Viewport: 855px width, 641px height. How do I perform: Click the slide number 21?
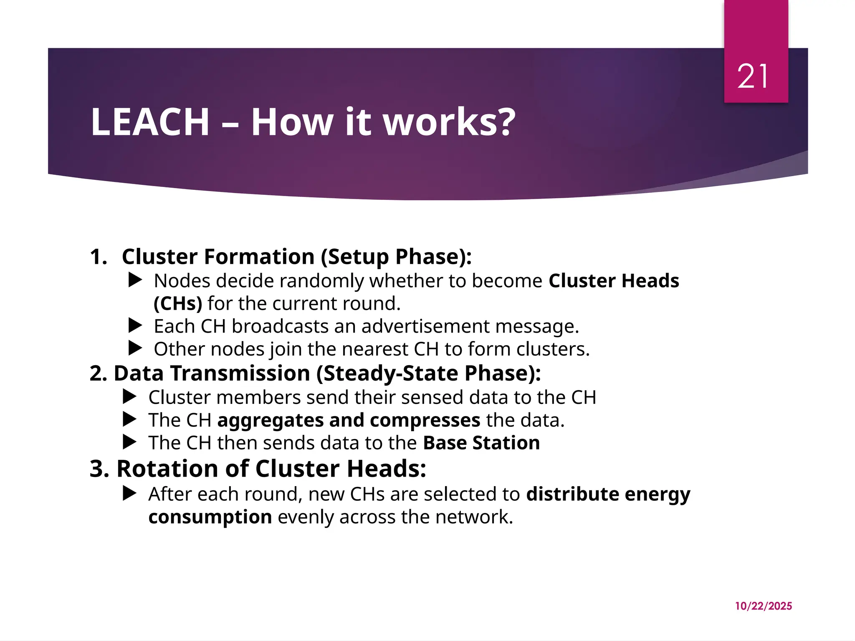(x=752, y=77)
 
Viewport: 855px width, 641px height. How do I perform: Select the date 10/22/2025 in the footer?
(x=763, y=606)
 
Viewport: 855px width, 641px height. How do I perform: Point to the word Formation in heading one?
(x=259, y=257)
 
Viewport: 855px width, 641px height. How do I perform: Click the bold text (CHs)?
(x=178, y=303)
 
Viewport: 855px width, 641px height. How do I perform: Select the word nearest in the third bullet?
(x=377, y=349)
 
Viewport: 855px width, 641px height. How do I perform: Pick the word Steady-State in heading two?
(x=390, y=373)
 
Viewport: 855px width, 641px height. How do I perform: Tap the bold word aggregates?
(x=270, y=420)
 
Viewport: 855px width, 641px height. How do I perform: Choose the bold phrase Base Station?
(x=481, y=443)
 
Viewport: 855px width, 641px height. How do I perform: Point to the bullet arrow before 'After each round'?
(x=129, y=494)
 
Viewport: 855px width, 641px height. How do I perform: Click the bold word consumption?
(x=210, y=517)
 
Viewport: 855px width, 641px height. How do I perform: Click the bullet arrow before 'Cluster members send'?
(x=129, y=397)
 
